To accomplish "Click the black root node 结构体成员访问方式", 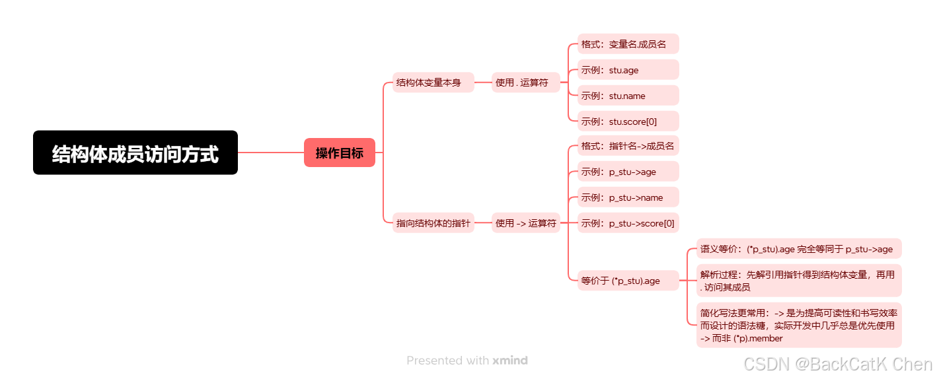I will [135, 153].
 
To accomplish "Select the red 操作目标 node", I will [340, 153].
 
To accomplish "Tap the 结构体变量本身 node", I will [433, 83].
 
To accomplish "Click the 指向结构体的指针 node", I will [433, 223].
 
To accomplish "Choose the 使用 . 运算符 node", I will [525, 83].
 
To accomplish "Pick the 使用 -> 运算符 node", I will [525, 223].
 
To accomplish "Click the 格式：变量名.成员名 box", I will [627, 44].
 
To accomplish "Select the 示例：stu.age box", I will [627, 70].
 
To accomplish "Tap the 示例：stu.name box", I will [627, 96].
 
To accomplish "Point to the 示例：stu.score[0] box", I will [627, 121].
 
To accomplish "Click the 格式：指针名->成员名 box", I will [627, 146].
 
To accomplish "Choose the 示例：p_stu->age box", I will [627, 172].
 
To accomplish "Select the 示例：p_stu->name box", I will [627, 197].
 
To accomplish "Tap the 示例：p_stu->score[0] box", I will [627, 223].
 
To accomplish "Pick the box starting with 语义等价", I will [798, 249].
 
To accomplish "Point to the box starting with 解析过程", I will [798, 281].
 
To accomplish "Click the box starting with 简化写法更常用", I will [798, 325].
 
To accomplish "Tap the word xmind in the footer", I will [510, 361].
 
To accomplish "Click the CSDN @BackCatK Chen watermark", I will [837, 364].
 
